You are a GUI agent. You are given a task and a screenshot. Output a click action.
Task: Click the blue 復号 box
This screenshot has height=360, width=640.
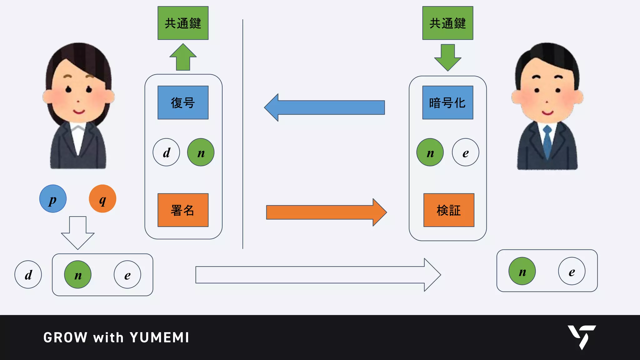[x=183, y=102]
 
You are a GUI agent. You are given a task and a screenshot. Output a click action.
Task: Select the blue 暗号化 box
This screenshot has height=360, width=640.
[x=447, y=102]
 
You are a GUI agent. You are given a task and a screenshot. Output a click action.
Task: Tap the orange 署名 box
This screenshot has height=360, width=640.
[x=183, y=210]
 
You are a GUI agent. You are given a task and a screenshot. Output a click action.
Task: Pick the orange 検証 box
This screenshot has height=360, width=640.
[x=449, y=210]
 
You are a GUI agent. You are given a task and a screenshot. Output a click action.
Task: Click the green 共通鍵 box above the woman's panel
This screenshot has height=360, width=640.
[x=183, y=23]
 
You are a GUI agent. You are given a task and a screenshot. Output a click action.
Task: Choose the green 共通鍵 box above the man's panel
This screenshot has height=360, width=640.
[x=447, y=23]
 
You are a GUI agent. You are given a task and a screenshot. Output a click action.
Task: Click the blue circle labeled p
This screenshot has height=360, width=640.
[x=53, y=199]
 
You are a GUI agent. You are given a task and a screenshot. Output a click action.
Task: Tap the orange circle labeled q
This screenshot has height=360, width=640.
[x=102, y=199]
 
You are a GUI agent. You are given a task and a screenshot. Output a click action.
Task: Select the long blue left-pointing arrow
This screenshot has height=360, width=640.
[x=325, y=107]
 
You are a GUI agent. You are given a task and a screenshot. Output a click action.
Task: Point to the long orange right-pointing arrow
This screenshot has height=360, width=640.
[x=325, y=212]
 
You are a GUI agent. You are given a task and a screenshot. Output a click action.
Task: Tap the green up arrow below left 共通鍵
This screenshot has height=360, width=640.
[x=183, y=57]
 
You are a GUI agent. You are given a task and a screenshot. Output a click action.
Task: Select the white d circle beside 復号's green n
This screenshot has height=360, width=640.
[x=166, y=152]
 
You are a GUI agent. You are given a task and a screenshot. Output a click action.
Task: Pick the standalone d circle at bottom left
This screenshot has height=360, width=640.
[x=28, y=275]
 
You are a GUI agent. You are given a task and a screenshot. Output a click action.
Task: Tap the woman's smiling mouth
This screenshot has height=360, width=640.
[x=78, y=112]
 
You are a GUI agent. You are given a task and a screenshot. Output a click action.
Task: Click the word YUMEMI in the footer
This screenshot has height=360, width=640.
[x=159, y=337]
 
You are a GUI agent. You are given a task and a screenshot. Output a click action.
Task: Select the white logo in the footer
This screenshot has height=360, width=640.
[x=582, y=337]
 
